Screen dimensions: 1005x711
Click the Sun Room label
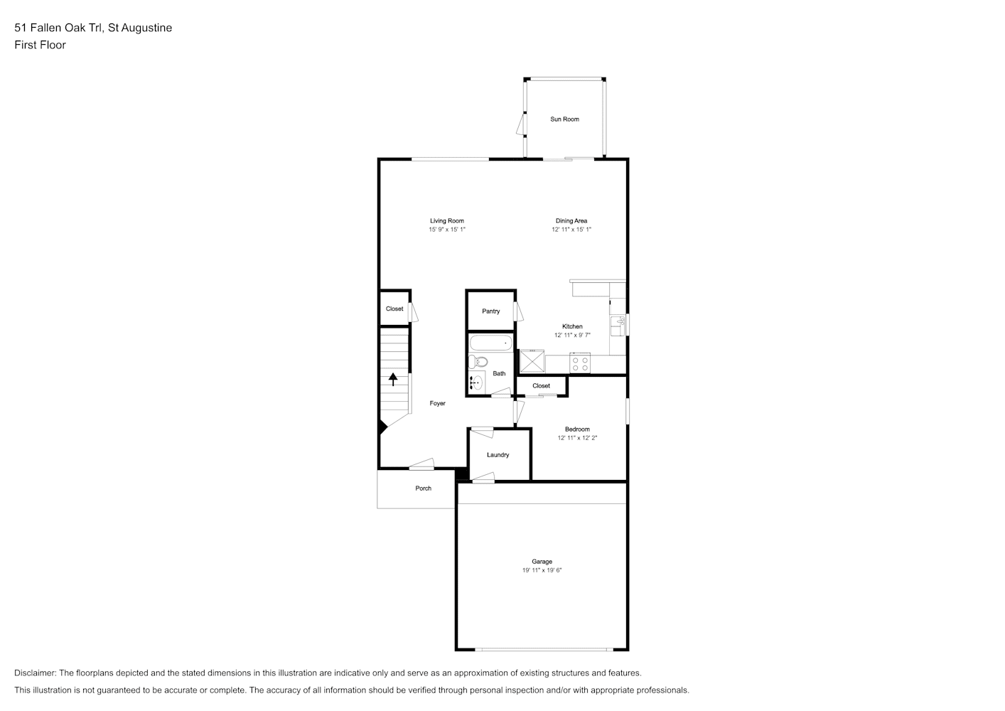[564, 119]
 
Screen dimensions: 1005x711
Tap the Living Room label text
[447, 220]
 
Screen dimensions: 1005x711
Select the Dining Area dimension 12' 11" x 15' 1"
[571, 230]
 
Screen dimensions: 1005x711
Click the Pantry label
[491, 311]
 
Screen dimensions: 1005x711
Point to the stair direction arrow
[393, 379]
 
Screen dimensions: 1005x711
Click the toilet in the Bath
[478, 361]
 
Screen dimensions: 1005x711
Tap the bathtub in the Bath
[491, 343]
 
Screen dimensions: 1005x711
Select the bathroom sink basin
[476, 383]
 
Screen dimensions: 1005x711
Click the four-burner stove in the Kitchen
[580, 363]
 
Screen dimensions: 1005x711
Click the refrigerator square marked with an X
[532, 361]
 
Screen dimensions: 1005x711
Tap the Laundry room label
[498, 455]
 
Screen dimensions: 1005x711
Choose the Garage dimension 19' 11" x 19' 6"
[542, 570]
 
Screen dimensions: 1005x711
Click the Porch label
[423, 488]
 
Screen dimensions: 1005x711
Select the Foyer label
[437, 403]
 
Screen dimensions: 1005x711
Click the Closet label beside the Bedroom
[541, 385]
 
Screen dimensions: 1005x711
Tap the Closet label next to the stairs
[394, 309]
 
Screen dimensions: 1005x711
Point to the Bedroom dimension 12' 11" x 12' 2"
[577, 438]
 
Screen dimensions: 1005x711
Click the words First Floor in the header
[40, 45]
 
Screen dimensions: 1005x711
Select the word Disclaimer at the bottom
[36, 673]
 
